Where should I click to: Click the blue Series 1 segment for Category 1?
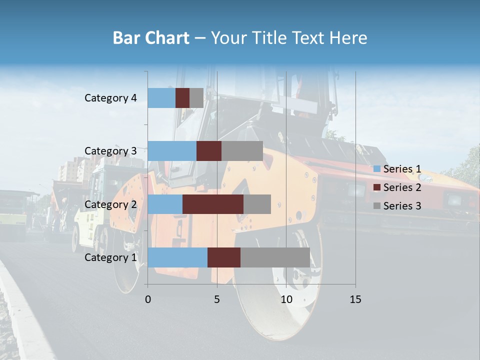(177, 257)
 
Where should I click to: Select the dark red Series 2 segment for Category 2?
(213, 204)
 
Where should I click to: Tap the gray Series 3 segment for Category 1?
(275, 257)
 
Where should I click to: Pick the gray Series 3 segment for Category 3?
(242, 151)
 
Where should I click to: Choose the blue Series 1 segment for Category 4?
(161, 98)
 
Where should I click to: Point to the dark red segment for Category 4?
(182, 98)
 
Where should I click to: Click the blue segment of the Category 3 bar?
(172, 151)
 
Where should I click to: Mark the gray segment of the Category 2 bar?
(257, 204)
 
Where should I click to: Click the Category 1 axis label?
(110, 257)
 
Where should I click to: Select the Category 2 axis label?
(110, 204)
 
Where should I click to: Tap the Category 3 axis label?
(110, 151)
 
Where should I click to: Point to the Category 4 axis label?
(110, 98)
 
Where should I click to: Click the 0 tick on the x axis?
(148, 299)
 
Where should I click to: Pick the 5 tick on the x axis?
(217, 299)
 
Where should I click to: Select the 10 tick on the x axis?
(286, 299)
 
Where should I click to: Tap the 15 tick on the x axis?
(355, 299)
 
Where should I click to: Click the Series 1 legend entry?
(397, 169)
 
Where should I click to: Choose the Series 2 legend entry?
(397, 187)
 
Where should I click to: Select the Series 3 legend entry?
(397, 205)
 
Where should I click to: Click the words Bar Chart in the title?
(151, 38)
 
